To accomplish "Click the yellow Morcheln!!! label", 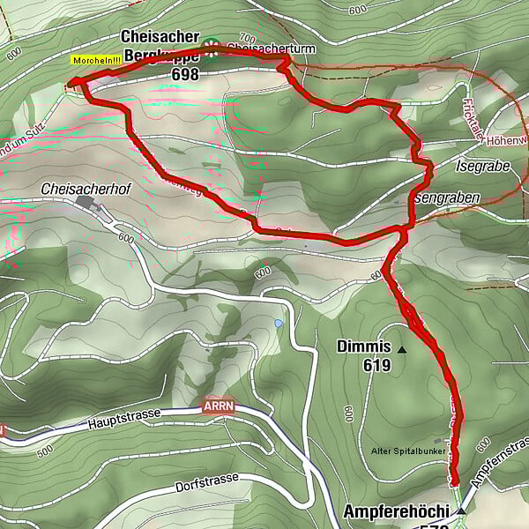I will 97,60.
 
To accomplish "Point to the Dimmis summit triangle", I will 403,350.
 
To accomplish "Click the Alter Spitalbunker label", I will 401,449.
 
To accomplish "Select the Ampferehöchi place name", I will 396,511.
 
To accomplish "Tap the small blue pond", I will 279,324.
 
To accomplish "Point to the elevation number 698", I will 185,75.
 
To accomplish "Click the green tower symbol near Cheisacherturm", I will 212,46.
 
